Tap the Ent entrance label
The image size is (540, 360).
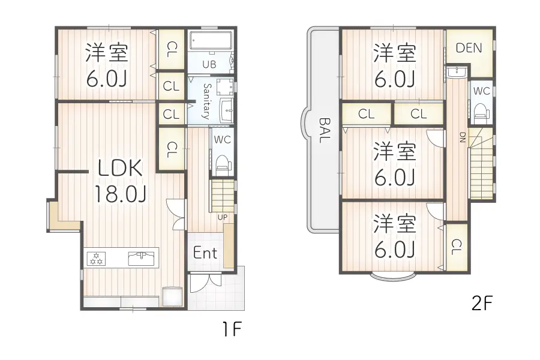pyautogui.click(x=205, y=253)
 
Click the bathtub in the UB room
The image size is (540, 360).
pyautogui.click(x=211, y=42)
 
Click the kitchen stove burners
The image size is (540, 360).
pyautogui.click(x=96, y=259)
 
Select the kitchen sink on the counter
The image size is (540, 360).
pyautogui.click(x=142, y=259)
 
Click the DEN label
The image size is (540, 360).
pyautogui.click(x=469, y=48)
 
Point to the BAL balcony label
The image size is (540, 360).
pyautogui.click(x=324, y=130)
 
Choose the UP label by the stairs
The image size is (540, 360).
pyautogui.click(x=221, y=217)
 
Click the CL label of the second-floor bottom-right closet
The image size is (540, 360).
pyautogui.click(x=457, y=245)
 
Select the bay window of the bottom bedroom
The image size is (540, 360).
pyautogui.click(x=392, y=277)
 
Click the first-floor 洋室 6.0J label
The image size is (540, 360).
pyautogui.click(x=106, y=65)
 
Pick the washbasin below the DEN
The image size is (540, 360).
pyautogui.click(x=456, y=73)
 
